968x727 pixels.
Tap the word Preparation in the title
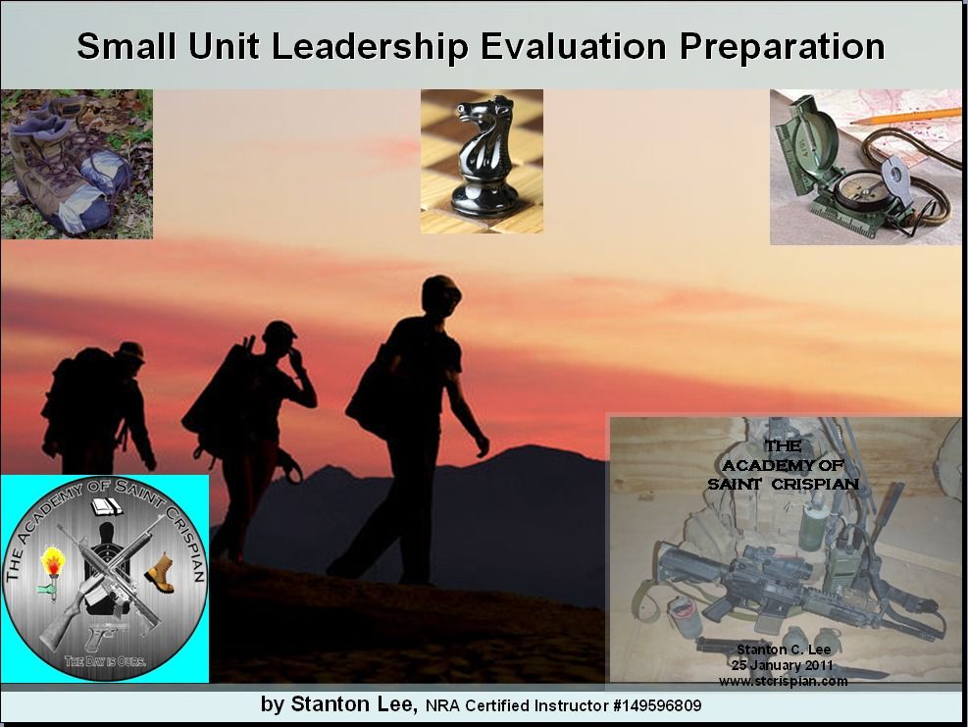[783, 47]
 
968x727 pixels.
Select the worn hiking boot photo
[76, 164]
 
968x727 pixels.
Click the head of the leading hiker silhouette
[440, 296]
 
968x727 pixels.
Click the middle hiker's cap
[280, 332]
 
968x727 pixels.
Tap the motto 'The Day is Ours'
[106, 661]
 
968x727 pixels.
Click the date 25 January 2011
[783, 665]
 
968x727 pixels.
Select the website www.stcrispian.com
[783, 681]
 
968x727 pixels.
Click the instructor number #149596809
[657, 705]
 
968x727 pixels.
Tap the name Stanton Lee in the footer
[354, 703]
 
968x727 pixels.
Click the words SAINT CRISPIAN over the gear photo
[783, 484]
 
